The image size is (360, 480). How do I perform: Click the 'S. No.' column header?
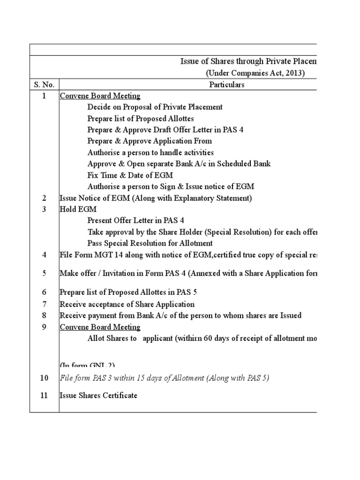(44, 85)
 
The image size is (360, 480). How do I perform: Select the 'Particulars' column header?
(227, 85)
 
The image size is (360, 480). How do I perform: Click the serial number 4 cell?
(44, 255)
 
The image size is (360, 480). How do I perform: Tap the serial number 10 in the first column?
(44, 378)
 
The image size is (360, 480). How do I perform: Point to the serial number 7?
(44, 304)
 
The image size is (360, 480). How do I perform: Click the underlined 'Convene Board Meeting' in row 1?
(100, 96)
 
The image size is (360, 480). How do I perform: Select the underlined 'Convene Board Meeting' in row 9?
(100, 327)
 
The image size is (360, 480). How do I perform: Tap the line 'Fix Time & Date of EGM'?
(130, 175)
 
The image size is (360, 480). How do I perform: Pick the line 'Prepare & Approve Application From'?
(150, 141)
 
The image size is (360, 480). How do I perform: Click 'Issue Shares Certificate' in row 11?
(98, 395)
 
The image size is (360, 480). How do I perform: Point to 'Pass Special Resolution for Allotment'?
(150, 243)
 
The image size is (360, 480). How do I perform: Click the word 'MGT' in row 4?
(103, 255)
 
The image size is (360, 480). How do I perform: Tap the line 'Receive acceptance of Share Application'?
(127, 304)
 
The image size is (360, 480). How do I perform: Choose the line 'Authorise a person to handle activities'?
(150, 152)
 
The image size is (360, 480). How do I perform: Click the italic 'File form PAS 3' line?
(164, 378)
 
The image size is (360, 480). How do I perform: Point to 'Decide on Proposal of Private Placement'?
(155, 107)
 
